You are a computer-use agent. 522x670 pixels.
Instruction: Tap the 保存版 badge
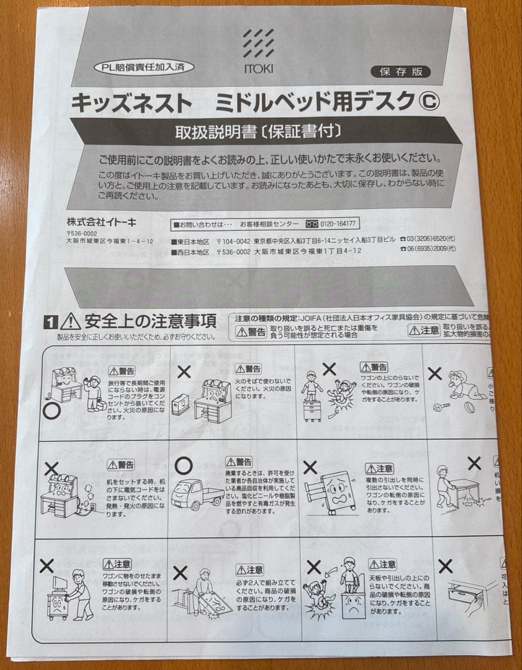tap(401, 71)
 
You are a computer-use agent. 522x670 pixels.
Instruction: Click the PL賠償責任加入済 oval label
tap(144, 66)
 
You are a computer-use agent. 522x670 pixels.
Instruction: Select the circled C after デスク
tap(428, 101)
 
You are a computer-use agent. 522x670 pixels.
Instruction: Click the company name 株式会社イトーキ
tap(102, 222)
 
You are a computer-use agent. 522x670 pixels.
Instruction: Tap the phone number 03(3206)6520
tap(427, 238)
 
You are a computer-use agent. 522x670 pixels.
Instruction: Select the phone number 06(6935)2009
tap(427, 249)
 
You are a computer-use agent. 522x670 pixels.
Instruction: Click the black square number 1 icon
tap(50, 323)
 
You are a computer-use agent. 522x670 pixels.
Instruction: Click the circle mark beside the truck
tap(183, 466)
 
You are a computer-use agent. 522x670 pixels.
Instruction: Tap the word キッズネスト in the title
tap(129, 102)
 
